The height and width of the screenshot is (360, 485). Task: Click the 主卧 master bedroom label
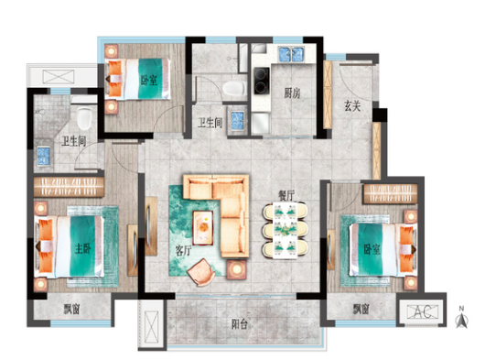(x=83, y=248)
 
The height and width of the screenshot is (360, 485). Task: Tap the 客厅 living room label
(x=183, y=251)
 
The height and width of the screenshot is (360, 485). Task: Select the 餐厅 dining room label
(x=286, y=195)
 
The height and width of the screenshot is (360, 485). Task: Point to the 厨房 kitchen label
(x=292, y=93)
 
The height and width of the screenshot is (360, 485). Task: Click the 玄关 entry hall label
(x=352, y=106)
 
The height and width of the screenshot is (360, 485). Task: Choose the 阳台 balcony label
(x=240, y=324)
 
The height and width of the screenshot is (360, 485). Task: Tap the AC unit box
(x=423, y=311)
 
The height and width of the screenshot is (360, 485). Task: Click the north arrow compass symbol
(x=461, y=318)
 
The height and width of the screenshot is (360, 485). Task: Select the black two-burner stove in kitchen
(x=262, y=81)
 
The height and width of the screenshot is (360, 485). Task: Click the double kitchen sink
(x=291, y=54)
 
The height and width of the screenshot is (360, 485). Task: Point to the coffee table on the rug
(x=203, y=227)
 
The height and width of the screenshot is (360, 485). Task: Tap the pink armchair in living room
(x=201, y=272)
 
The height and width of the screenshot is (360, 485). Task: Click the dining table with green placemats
(x=285, y=230)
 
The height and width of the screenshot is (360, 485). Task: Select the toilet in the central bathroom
(x=234, y=88)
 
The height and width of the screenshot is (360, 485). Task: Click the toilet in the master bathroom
(x=84, y=118)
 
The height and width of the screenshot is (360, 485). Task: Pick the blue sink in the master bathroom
(x=43, y=156)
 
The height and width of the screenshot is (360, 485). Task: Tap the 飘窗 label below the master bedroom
(x=72, y=309)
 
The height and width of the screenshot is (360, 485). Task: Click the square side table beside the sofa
(x=237, y=269)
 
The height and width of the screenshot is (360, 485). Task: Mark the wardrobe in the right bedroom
(x=391, y=193)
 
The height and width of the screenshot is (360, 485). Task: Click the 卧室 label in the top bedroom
(x=149, y=81)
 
